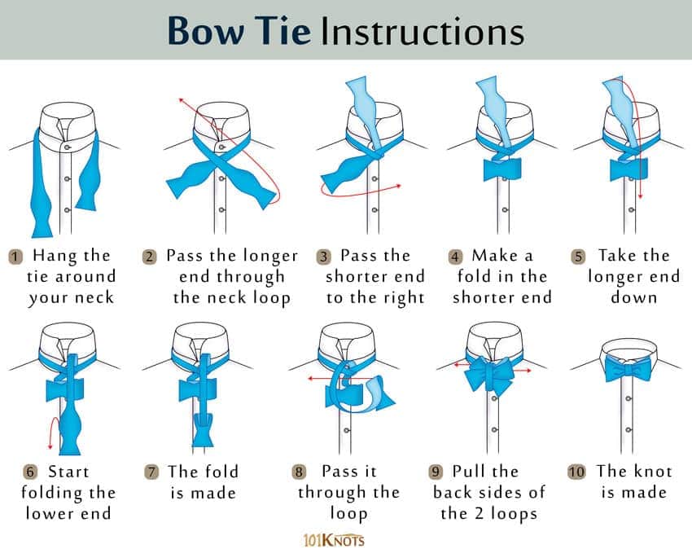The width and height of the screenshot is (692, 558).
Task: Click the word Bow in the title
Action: click(x=206, y=30)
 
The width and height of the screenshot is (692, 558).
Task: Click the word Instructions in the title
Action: click(x=423, y=31)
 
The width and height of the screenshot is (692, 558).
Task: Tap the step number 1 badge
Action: click(x=16, y=257)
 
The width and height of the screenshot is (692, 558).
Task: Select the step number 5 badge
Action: click(x=578, y=257)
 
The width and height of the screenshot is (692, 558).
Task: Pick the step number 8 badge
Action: click(x=299, y=472)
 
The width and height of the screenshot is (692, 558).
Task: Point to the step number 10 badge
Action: click(x=576, y=472)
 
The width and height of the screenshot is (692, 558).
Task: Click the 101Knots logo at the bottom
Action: click(x=334, y=540)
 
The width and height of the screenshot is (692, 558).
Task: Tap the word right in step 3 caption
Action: click(x=403, y=298)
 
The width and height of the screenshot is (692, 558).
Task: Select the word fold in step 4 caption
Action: click(x=475, y=277)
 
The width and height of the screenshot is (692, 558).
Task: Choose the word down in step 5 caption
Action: click(x=633, y=297)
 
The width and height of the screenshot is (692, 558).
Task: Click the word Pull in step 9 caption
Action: click(x=469, y=471)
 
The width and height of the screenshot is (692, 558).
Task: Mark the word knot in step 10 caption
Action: click(x=651, y=471)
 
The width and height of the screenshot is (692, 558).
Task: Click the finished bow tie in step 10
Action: click(x=628, y=368)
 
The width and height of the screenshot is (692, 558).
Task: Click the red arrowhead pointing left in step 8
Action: click(x=311, y=378)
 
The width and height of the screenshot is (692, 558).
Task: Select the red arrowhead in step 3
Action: click(x=399, y=186)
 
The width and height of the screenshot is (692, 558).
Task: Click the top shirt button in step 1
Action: click(x=67, y=147)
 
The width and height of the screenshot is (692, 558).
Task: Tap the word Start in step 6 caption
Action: click(x=68, y=472)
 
